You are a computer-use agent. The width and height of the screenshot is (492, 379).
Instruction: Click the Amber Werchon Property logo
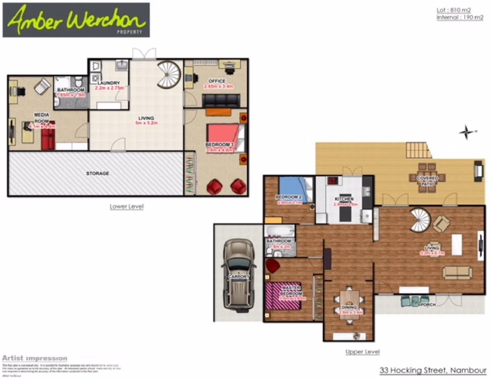tap(76, 20)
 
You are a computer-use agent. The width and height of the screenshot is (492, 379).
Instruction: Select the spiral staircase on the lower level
tap(168, 74)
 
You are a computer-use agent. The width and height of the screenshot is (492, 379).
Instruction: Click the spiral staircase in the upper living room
tap(420, 220)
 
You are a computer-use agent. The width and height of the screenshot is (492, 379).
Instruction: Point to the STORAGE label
tap(97, 173)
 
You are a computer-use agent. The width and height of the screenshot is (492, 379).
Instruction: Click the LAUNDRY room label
tap(109, 83)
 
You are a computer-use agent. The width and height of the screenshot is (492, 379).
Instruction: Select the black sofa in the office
tap(221, 101)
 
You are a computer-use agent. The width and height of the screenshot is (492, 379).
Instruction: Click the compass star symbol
tap(467, 132)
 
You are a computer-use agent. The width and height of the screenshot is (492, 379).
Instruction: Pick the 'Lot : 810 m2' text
tap(454, 10)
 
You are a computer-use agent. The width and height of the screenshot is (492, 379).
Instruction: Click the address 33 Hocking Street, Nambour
tap(433, 370)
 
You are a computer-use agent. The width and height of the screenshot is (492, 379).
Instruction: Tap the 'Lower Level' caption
tap(126, 206)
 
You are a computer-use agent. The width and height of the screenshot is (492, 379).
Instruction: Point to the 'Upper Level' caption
tap(362, 352)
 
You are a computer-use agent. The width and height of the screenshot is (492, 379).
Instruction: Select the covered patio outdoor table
tap(427, 178)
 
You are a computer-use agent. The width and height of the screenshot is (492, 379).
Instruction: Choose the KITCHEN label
tap(344, 199)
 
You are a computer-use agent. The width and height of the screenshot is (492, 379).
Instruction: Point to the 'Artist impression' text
tap(35, 358)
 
